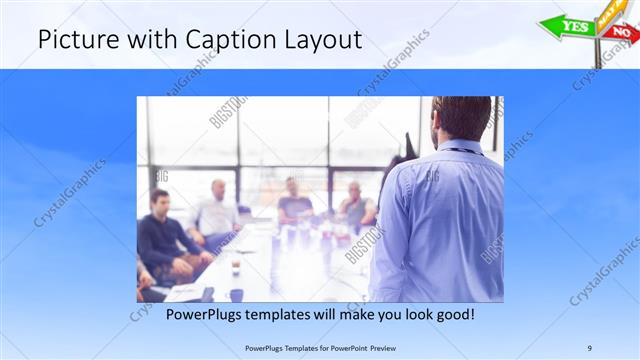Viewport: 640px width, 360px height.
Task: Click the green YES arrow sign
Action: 568,27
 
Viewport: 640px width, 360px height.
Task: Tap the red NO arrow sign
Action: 620,32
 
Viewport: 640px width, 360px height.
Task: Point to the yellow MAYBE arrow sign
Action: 611,11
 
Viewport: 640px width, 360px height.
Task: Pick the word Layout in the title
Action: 322,41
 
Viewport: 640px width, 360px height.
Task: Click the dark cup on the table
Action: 236,294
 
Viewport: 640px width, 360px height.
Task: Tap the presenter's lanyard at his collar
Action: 462,151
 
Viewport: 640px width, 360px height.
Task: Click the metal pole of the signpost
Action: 599,50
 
